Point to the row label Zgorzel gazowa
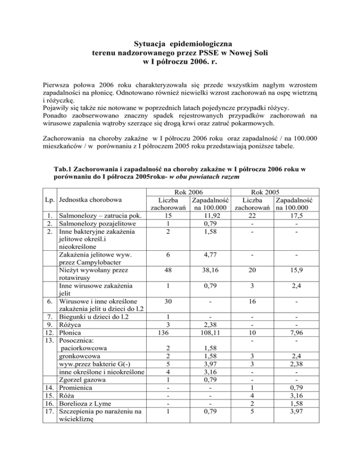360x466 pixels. click(x=84, y=380)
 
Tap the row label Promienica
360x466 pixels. click(x=78, y=389)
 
